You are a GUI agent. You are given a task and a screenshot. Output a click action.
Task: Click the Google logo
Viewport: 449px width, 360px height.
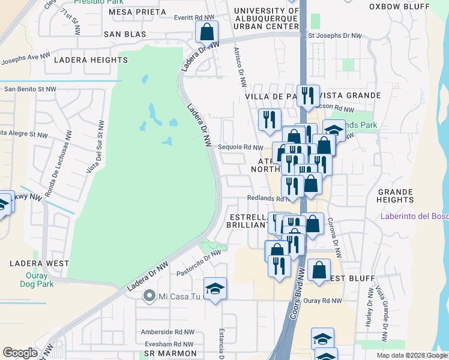click(x=20, y=353)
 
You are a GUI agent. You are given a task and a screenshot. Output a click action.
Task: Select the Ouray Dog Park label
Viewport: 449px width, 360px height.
click(x=40, y=280)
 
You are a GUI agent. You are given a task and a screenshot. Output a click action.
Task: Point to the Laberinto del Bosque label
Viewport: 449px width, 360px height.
click(x=414, y=217)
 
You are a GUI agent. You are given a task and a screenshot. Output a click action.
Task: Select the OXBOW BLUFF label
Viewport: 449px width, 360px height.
click(x=400, y=7)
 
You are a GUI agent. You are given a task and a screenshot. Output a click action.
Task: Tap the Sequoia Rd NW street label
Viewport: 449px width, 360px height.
click(x=240, y=147)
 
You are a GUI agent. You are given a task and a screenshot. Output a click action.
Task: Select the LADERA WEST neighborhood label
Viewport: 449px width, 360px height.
click(x=40, y=263)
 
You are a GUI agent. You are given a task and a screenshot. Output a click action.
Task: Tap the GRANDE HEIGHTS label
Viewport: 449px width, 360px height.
click(x=395, y=196)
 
